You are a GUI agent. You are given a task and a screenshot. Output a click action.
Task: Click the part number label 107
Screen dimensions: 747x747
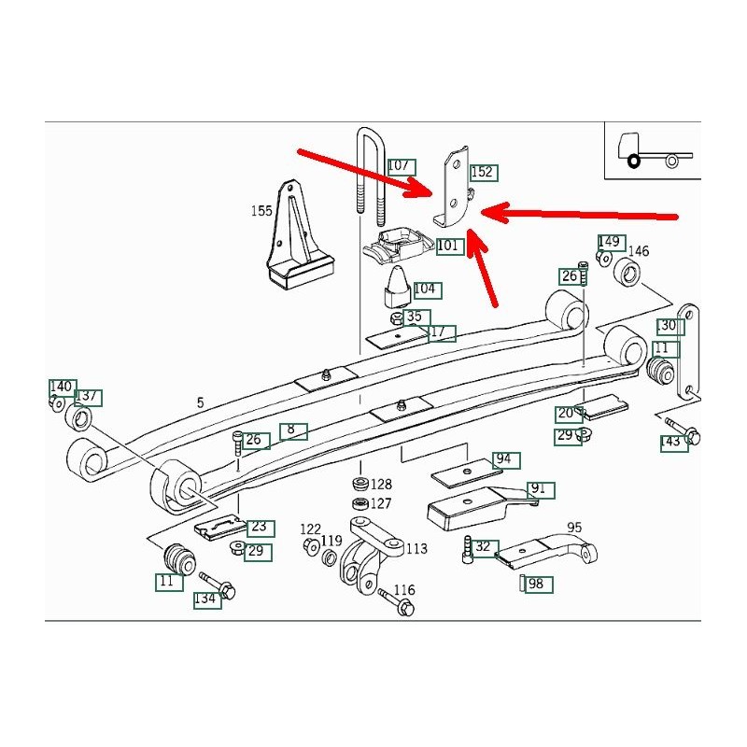coord(400,166)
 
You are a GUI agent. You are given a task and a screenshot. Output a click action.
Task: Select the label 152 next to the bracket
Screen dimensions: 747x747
coord(482,172)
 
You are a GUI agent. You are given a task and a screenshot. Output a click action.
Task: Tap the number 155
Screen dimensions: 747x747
coord(261,212)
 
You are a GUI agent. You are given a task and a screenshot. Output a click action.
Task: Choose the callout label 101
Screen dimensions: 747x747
coord(449,246)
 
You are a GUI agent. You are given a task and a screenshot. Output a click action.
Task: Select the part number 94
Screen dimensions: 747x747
coord(504,459)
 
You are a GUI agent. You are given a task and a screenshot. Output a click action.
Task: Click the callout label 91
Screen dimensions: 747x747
coord(540,489)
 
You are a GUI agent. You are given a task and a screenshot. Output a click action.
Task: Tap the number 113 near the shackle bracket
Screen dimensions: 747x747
coord(416,549)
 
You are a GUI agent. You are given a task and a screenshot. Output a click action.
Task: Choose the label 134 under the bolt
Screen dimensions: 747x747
coord(206,599)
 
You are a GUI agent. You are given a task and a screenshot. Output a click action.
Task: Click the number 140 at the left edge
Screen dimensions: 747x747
coord(62,387)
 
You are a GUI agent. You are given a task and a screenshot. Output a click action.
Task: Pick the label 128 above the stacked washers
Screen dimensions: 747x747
coord(381,485)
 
